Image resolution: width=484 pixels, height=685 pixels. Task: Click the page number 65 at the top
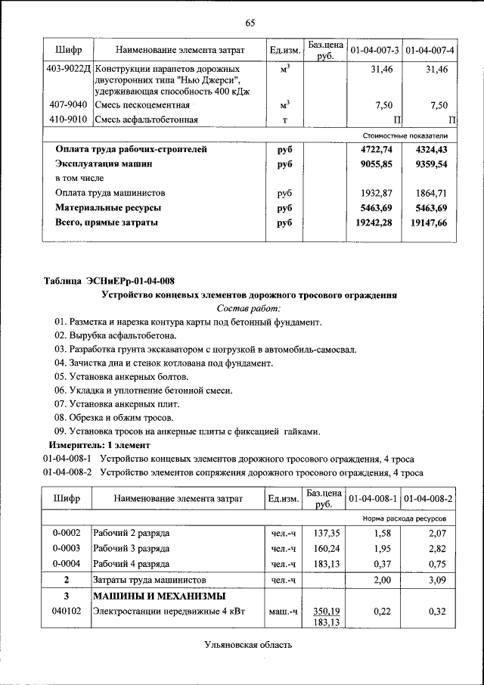pos(250,23)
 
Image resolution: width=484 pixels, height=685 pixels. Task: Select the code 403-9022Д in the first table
pos(68,70)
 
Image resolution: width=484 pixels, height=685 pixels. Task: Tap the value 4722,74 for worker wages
pos(377,149)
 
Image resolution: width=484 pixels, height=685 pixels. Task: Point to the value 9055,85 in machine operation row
pos(377,163)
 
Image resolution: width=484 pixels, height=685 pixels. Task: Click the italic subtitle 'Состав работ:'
pos(249,308)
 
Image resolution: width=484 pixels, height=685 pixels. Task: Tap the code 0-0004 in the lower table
pos(67,564)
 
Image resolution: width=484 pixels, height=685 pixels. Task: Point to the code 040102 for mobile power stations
pos(67,611)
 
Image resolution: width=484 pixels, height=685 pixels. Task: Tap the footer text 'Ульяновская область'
pos(247,645)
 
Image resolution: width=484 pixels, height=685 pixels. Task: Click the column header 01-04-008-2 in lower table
pos(429,500)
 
